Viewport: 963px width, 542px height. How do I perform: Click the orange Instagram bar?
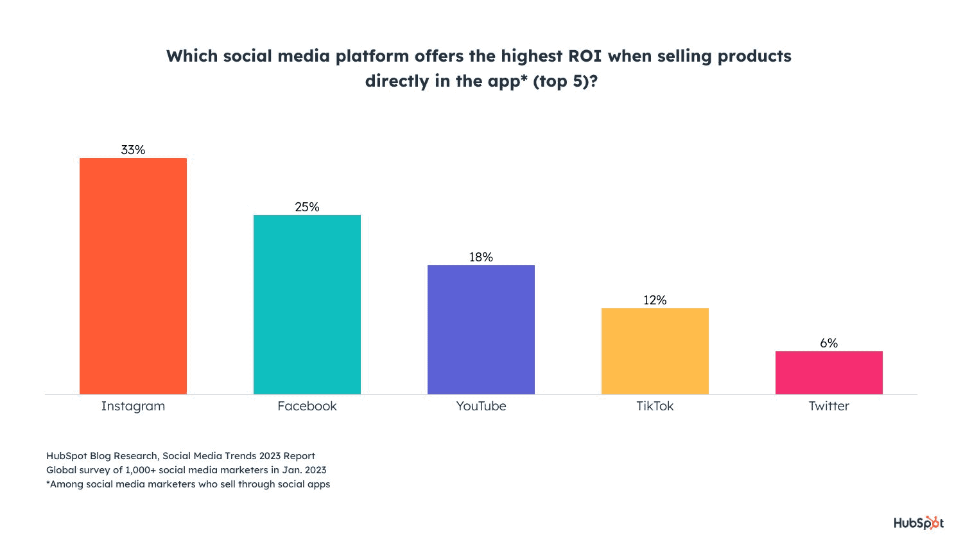click(133, 276)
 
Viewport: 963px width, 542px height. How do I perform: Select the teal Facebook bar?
click(307, 304)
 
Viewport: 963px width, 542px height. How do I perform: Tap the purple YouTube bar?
click(481, 329)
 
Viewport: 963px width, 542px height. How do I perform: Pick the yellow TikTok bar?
click(655, 351)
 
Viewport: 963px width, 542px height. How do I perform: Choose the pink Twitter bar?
click(829, 372)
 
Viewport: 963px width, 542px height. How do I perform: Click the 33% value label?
click(133, 150)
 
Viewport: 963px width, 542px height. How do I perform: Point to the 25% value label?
click(307, 207)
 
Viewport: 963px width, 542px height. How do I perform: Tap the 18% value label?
click(481, 257)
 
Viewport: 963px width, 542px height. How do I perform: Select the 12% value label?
click(655, 300)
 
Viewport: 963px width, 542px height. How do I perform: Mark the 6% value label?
click(829, 343)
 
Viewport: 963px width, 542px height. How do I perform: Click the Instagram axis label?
click(133, 406)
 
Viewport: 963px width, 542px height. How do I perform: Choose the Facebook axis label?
click(307, 406)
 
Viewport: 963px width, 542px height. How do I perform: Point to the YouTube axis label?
click(481, 406)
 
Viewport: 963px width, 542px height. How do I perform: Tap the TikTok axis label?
click(655, 406)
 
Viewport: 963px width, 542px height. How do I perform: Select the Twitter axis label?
click(829, 406)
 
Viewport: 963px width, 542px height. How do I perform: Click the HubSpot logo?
click(918, 523)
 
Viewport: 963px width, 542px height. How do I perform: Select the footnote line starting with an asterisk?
click(188, 484)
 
